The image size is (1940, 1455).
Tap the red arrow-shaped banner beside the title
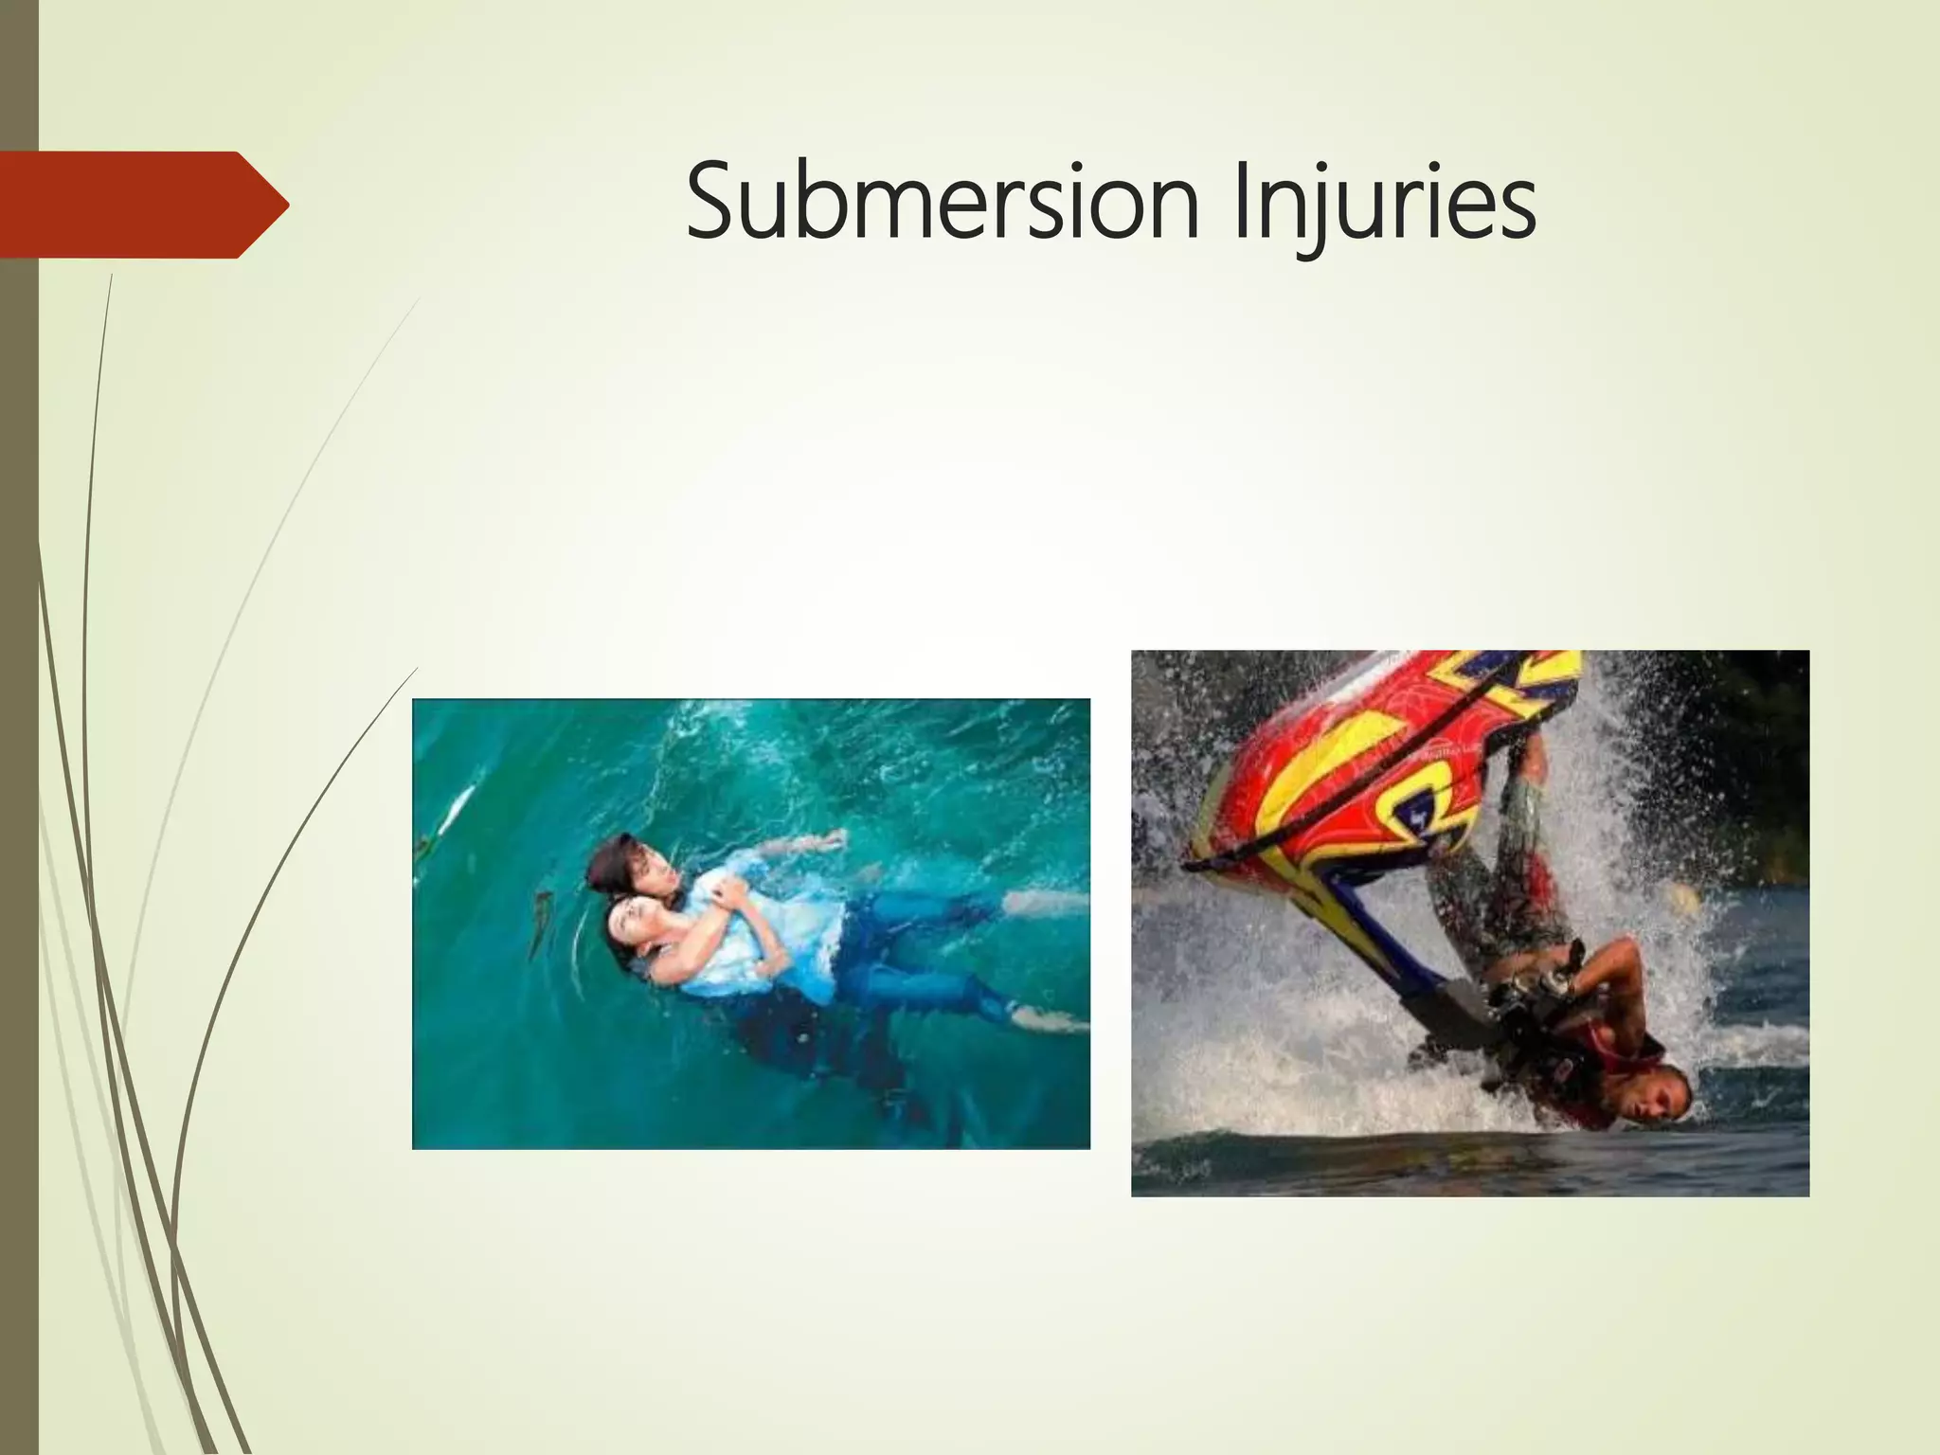[x=142, y=205]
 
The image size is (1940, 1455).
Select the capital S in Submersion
[x=712, y=202]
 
